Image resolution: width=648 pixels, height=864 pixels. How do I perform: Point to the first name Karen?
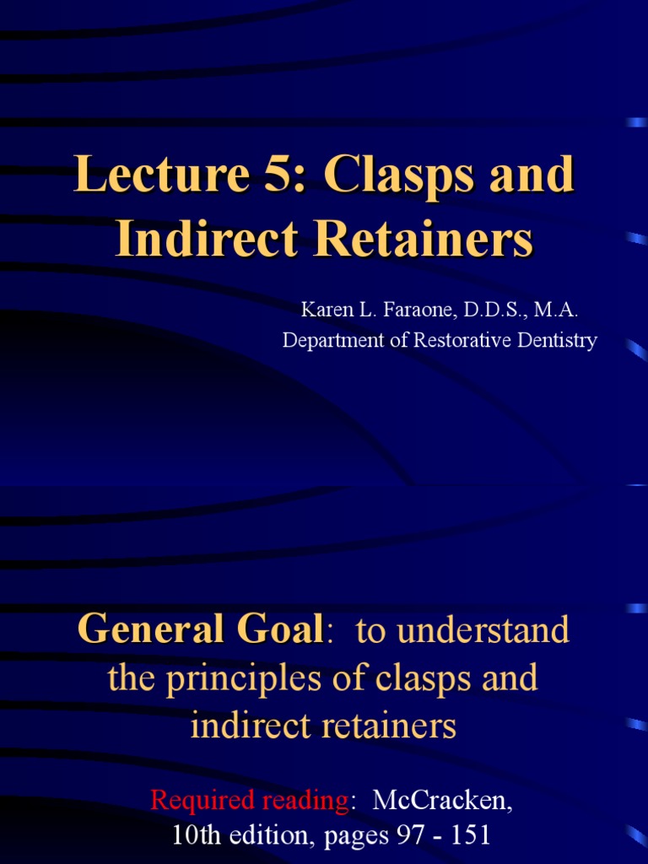327,310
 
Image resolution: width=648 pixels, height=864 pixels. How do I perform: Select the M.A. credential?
554,310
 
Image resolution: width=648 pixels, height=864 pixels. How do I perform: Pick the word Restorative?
451,341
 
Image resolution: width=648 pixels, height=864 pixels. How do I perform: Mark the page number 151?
466,836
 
